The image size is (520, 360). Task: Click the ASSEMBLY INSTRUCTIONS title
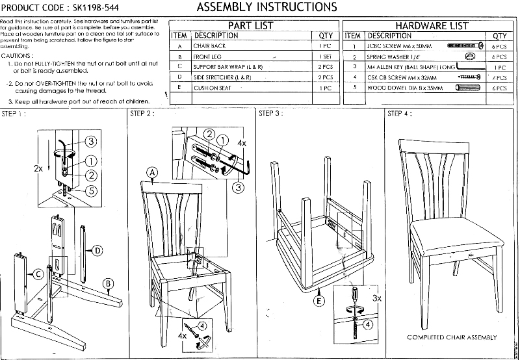266,7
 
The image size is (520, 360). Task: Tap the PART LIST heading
250,25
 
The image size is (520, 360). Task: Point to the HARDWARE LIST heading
432,25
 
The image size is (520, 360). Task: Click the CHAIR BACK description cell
209,46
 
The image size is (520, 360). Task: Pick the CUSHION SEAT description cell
213,88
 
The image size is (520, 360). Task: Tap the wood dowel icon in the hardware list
466,88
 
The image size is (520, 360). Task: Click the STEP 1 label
14,114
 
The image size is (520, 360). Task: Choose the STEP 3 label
270,114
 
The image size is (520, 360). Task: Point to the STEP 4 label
398,114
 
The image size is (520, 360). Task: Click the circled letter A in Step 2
152,172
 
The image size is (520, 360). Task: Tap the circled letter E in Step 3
318,301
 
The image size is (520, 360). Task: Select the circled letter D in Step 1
97,250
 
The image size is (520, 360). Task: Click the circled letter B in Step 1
109,282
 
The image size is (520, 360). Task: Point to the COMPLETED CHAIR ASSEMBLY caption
452,337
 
